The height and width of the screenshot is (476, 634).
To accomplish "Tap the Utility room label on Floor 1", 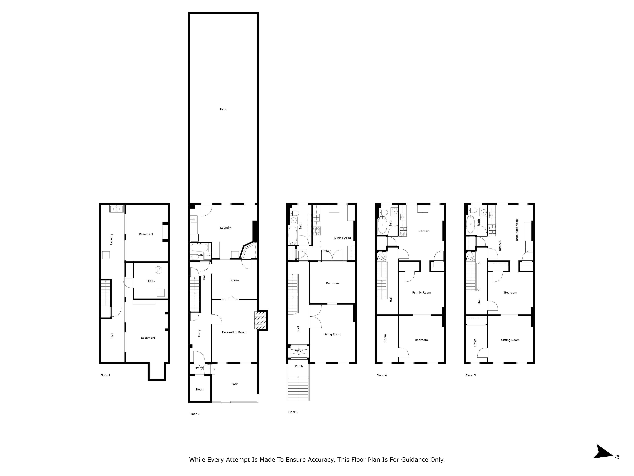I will pos(151,281).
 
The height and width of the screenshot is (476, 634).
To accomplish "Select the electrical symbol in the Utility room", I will pos(158,270).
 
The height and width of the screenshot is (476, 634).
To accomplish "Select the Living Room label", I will pos(332,334).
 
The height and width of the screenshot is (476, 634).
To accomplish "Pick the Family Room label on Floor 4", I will pos(421,293).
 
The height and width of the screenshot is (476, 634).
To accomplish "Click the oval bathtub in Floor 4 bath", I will pos(382,225).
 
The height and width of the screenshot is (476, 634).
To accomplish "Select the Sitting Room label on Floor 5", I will pos(510,340).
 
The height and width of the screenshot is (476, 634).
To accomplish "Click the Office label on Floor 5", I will pos(475,343).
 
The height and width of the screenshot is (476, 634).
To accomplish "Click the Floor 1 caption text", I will pos(105,375).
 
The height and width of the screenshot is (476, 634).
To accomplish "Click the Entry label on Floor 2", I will pos(199,333).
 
